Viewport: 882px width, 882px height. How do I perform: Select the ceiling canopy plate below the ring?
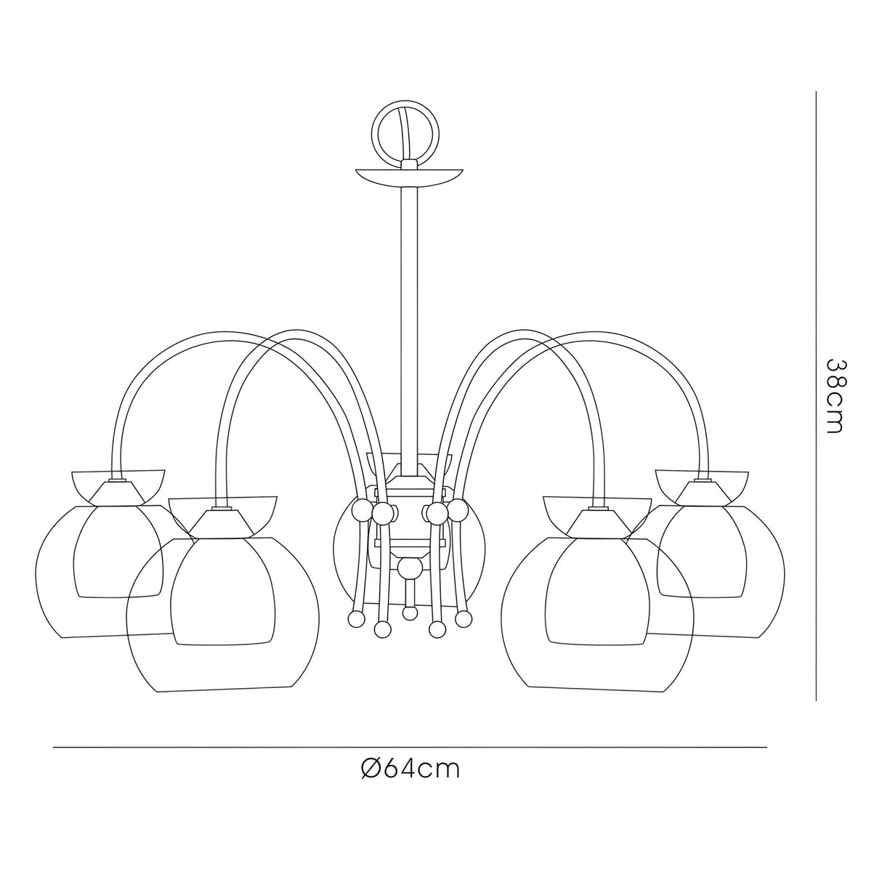(x=409, y=177)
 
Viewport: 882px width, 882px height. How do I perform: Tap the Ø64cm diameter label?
(x=410, y=769)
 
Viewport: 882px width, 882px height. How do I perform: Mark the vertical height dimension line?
(x=817, y=396)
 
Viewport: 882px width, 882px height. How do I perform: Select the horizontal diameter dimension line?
(x=410, y=748)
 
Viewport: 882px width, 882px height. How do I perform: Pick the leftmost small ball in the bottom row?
(x=355, y=618)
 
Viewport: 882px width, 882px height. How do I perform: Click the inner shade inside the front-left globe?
(x=224, y=588)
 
